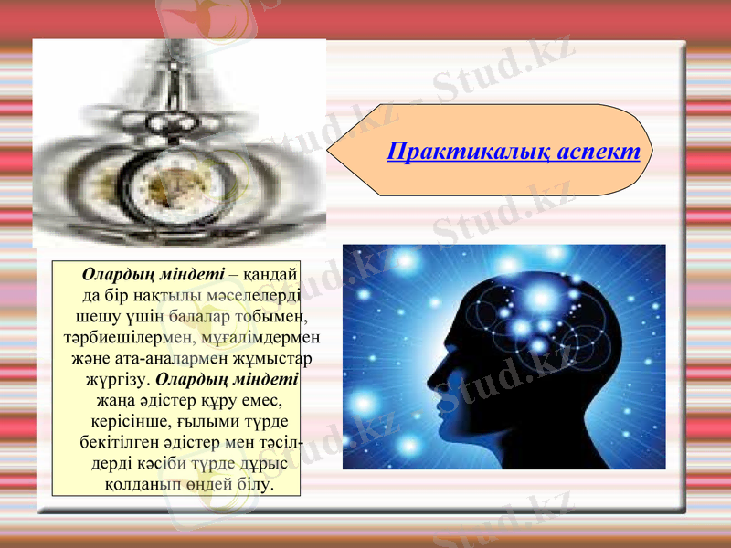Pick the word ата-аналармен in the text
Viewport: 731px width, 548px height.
161,357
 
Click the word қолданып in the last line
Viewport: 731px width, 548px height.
144,483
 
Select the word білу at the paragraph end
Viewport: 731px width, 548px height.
254,483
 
